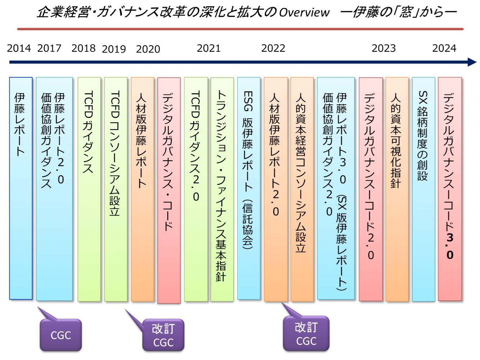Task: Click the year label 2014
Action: tap(19, 48)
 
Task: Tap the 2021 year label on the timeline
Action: tap(209, 48)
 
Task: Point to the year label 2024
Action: tap(444, 48)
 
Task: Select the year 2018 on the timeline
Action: tap(83, 48)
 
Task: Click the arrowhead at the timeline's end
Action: tap(472, 62)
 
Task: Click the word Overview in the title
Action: tap(304, 13)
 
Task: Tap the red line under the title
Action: tap(240, 29)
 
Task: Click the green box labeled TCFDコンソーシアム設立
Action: tap(115, 189)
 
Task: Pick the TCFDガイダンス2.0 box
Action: tap(196, 189)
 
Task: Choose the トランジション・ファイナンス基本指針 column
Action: tap(222, 189)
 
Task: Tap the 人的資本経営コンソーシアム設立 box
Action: tap(302, 189)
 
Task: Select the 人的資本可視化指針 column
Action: tap(397, 189)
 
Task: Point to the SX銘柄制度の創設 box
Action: tap(423, 189)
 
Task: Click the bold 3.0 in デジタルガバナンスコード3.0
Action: tap(450, 246)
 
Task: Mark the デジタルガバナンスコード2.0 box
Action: tap(370, 189)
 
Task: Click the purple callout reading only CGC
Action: tap(61, 335)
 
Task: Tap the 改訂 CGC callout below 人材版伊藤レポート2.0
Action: tap(306, 334)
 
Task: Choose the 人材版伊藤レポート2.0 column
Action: tap(275, 189)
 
